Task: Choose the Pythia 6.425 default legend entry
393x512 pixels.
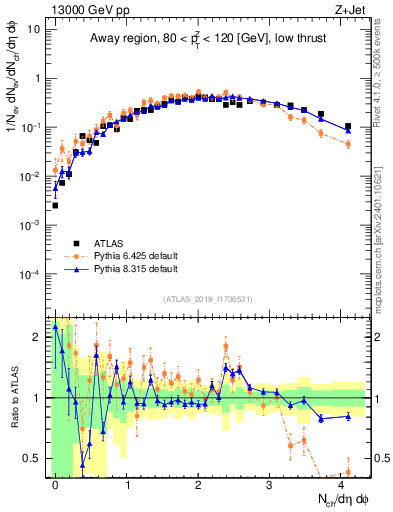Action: click(x=135, y=256)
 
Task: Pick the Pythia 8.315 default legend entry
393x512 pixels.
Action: click(x=135, y=269)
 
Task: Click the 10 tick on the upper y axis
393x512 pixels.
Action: click(x=33, y=29)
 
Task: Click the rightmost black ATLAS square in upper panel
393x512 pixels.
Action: click(x=348, y=127)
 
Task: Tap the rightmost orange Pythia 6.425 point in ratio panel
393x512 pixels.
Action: click(x=348, y=472)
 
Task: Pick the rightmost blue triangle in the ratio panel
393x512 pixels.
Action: click(x=348, y=416)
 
